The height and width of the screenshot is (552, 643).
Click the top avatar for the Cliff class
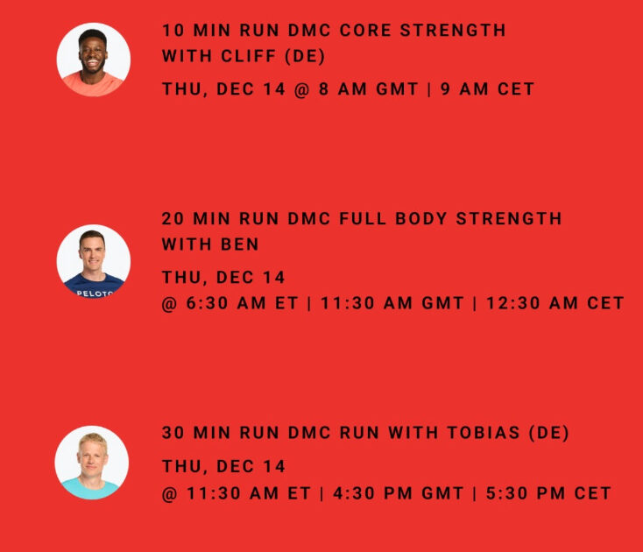(x=94, y=60)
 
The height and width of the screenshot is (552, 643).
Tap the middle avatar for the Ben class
(x=94, y=261)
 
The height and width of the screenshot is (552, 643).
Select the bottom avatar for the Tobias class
(x=92, y=463)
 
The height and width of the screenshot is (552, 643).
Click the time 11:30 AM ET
(x=246, y=493)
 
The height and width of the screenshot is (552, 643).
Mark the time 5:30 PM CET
(x=548, y=493)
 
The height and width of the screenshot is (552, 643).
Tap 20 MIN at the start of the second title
(x=194, y=218)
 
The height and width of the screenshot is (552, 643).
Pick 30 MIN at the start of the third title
(x=194, y=433)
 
